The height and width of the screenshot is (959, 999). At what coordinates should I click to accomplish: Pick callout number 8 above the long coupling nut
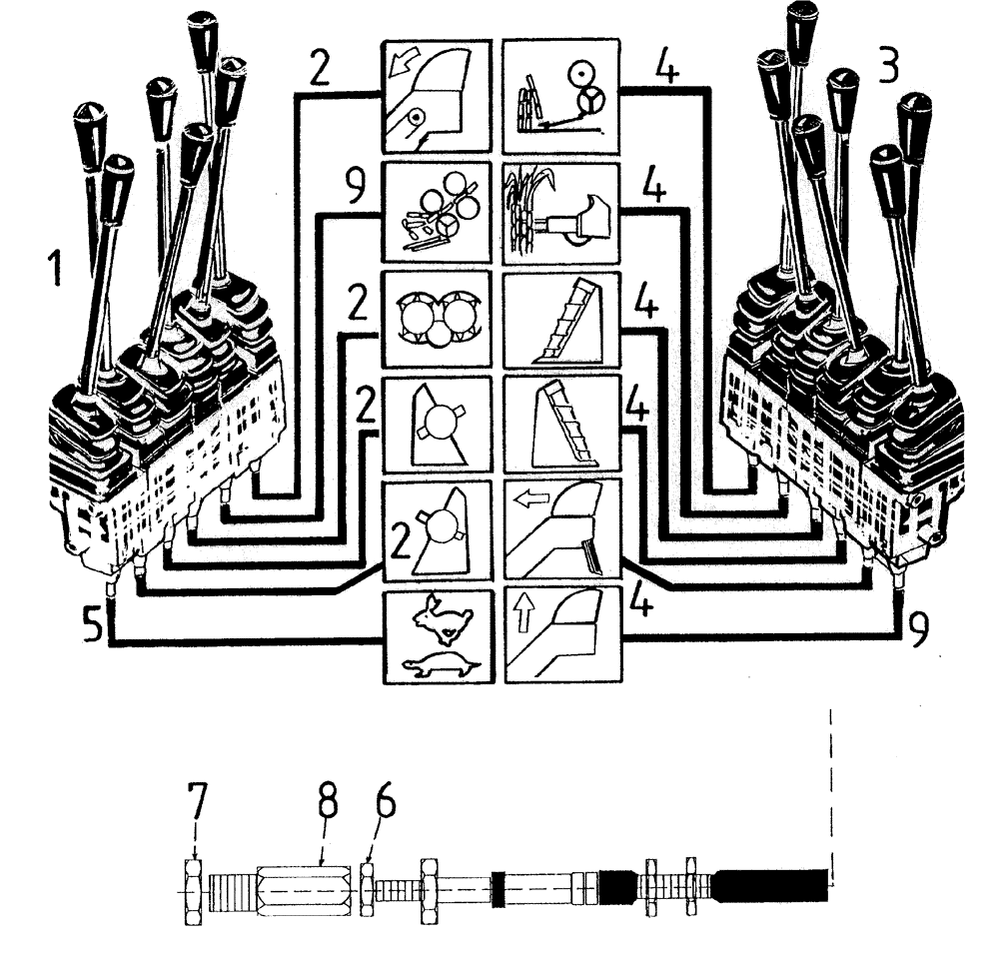point(327,802)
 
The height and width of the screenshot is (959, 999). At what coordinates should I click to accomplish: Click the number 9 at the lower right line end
point(920,627)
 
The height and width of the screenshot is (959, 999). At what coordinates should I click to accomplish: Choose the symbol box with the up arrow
point(561,637)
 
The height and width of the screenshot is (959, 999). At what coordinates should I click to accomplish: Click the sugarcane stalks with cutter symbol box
point(561,208)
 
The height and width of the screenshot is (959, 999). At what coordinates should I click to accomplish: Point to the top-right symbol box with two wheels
point(561,95)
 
